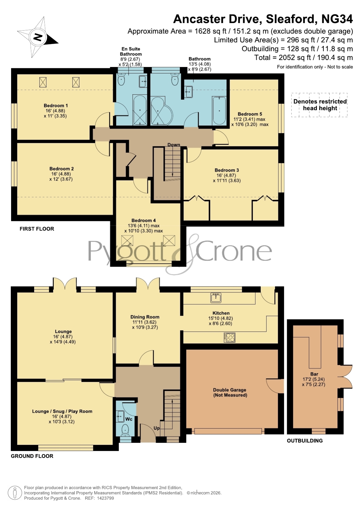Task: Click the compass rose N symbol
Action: (x=38, y=37)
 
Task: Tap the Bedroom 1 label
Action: (x=56, y=105)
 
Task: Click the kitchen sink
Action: (x=216, y=298)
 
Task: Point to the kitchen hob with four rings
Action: (x=230, y=337)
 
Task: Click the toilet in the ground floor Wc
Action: (x=125, y=429)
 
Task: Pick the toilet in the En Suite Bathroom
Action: (x=121, y=79)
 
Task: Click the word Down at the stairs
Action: (x=174, y=145)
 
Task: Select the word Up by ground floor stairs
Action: (x=157, y=428)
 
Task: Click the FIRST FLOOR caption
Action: (x=37, y=229)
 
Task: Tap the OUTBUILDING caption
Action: (x=305, y=441)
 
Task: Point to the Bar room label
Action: (x=314, y=374)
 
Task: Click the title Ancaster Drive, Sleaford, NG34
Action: (x=263, y=19)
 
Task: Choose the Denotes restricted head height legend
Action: (x=320, y=105)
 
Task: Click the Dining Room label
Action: (x=145, y=317)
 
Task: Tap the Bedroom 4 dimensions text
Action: (x=144, y=228)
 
